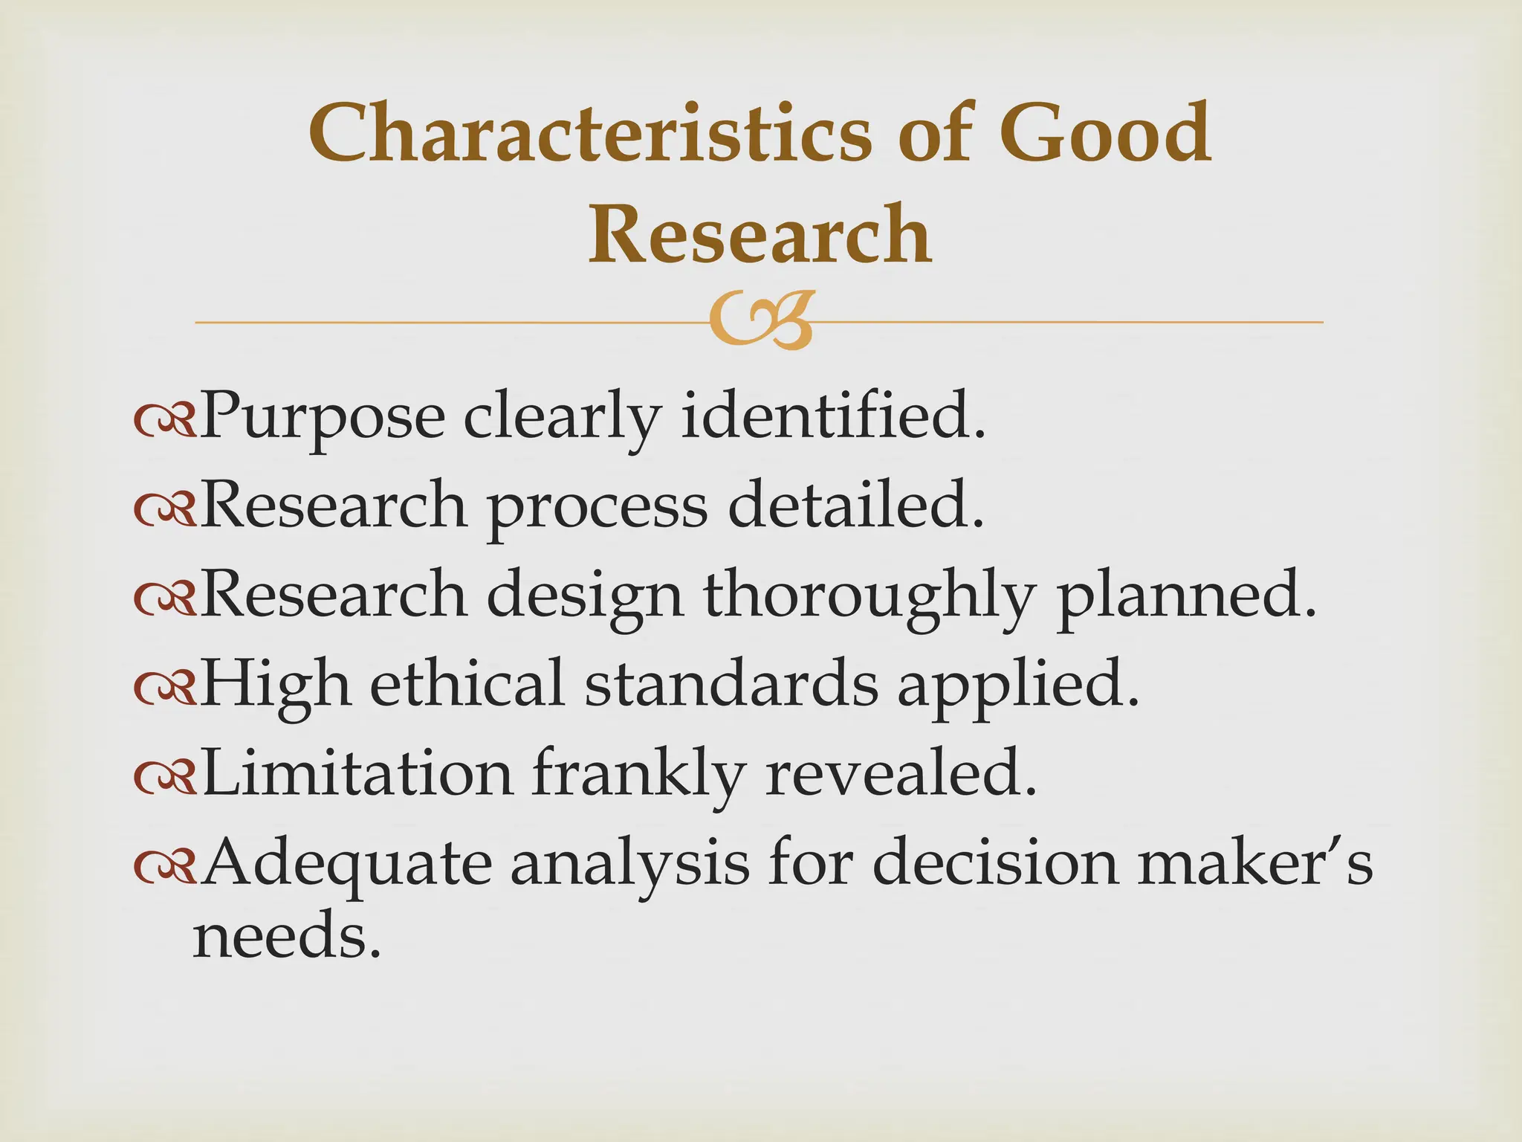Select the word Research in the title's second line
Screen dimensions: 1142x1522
760,234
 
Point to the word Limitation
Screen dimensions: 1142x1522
357,773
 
